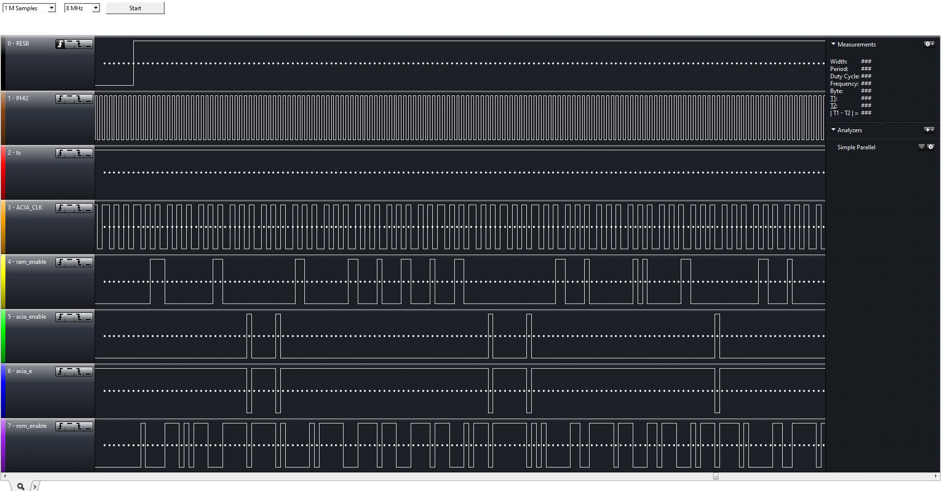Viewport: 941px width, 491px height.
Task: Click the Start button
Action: point(135,8)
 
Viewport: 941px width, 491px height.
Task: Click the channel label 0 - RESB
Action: point(18,44)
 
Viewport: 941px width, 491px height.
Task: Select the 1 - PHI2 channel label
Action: point(18,98)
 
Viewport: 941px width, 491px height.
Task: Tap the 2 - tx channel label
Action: point(14,153)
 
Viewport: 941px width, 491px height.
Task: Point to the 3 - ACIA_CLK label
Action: point(25,208)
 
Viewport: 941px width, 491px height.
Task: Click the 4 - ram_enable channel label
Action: point(27,262)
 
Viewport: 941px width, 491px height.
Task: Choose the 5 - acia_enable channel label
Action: point(27,317)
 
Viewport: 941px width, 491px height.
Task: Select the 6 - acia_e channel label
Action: point(20,371)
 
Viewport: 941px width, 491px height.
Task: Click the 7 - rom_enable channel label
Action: point(27,426)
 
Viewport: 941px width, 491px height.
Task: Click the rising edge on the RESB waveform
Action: point(133,63)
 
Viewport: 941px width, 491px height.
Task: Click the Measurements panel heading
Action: point(856,45)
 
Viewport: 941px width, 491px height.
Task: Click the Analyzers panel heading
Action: point(849,130)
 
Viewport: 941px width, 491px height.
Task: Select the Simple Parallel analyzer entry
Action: point(856,147)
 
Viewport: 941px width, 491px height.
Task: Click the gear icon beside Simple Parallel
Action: point(931,147)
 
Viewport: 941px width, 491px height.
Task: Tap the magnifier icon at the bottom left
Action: point(21,486)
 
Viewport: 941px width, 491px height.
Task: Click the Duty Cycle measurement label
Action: point(844,76)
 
